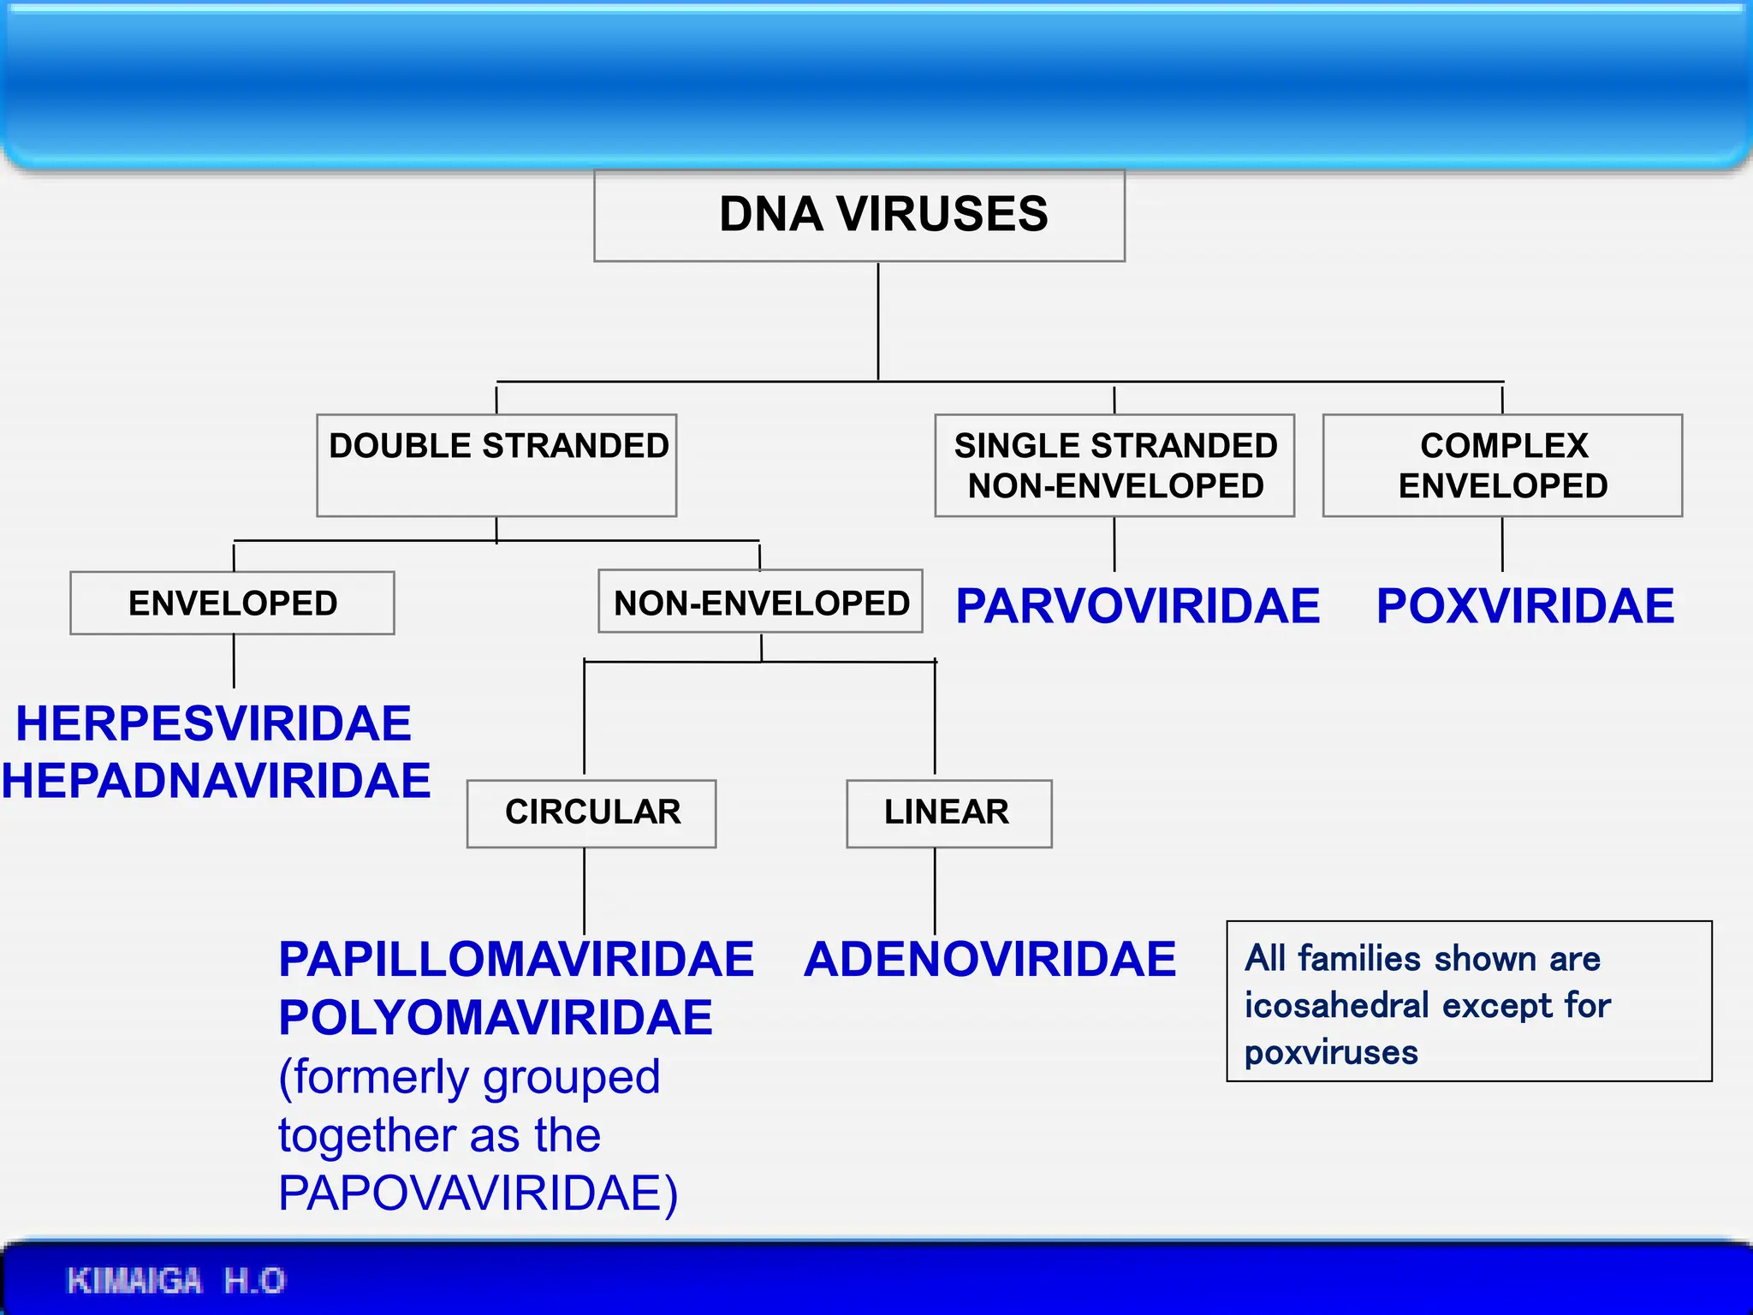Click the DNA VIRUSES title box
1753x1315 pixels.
(x=859, y=215)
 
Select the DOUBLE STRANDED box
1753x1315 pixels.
(x=496, y=464)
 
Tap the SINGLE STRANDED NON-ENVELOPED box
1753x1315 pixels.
(x=1114, y=465)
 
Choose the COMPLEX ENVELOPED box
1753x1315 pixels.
(x=1502, y=465)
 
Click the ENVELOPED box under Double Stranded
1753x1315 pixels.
(x=232, y=603)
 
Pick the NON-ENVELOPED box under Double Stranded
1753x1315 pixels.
(x=760, y=602)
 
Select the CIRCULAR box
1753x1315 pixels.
(x=591, y=812)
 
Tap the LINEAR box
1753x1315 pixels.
(x=948, y=812)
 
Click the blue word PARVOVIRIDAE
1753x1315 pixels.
(x=1137, y=606)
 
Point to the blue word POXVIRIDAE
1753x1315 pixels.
(x=1524, y=606)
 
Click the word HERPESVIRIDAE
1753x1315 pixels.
(x=213, y=723)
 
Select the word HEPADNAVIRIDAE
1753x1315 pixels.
(x=216, y=781)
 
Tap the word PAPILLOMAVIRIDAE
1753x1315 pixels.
(x=515, y=959)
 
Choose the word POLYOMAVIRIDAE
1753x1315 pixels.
(x=495, y=1017)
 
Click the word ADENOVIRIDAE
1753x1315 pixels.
(x=989, y=959)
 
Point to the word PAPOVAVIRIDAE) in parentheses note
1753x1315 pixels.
(x=478, y=1193)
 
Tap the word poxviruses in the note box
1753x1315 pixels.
(x=1330, y=1052)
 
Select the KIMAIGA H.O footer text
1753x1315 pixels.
(x=175, y=1281)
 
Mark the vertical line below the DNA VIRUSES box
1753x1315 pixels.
(x=878, y=321)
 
